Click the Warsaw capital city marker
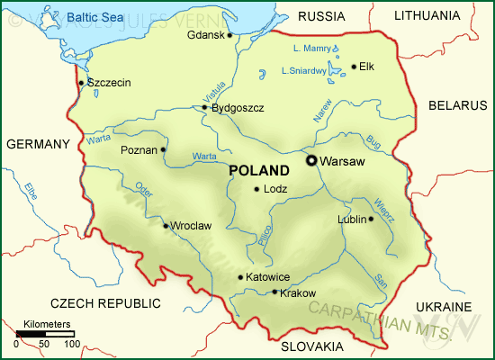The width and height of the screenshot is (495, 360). [x=311, y=160]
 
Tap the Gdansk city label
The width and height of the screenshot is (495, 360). [x=205, y=35]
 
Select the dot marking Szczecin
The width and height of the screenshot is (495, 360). [x=81, y=83]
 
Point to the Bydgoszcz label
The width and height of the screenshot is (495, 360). [x=238, y=108]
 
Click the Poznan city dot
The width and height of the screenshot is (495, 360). [x=163, y=149]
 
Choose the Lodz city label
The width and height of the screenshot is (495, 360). [x=274, y=189]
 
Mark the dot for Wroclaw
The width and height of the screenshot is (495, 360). [x=165, y=225]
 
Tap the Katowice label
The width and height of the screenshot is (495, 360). [x=268, y=277]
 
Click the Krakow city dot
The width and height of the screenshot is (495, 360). [x=274, y=292]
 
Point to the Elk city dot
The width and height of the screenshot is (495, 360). [x=354, y=66]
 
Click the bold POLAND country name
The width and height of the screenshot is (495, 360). [x=259, y=170]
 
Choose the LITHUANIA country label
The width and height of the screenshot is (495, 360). [x=427, y=15]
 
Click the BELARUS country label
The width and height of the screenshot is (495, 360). [x=457, y=105]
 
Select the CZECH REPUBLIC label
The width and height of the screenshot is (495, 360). [x=106, y=302]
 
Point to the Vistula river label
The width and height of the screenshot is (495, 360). [x=214, y=91]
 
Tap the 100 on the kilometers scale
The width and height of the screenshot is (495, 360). [x=71, y=344]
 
